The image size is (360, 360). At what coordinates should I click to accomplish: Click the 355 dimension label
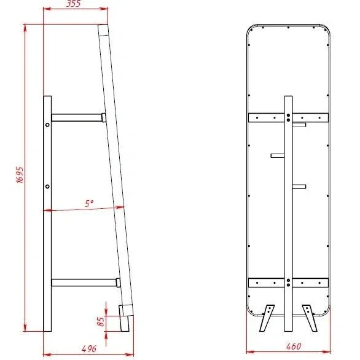[x=74, y=4]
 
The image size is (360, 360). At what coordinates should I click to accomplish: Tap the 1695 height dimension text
[x=20, y=174]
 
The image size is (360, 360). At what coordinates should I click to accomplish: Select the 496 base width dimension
[x=89, y=349]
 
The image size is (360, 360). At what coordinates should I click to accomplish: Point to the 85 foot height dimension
[x=101, y=321]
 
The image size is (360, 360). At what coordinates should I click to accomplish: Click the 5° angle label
[x=89, y=203]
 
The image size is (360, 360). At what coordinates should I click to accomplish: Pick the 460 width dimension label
[x=294, y=346]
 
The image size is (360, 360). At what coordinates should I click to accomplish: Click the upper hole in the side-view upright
[x=47, y=125]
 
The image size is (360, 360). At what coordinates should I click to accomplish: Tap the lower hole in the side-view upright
[x=47, y=186]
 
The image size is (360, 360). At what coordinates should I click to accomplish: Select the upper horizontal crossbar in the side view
[x=79, y=117]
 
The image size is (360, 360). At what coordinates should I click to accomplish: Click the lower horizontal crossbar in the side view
[x=86, y=283]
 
